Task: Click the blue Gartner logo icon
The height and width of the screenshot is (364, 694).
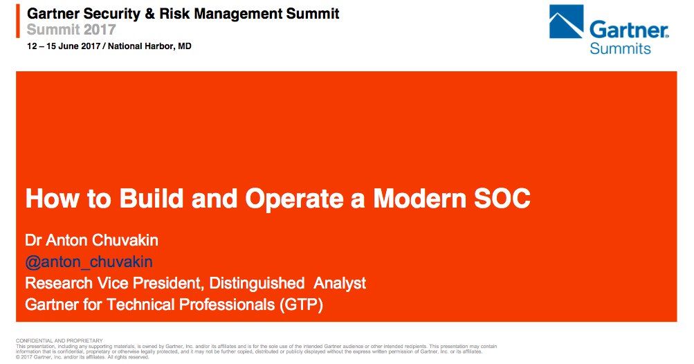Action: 566,21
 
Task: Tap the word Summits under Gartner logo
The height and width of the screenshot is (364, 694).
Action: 620,48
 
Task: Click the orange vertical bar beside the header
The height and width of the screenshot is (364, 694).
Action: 18,21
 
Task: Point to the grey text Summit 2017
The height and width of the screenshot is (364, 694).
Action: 71,30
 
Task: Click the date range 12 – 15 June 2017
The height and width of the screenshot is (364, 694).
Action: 64,46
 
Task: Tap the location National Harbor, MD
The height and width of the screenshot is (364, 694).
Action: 149,46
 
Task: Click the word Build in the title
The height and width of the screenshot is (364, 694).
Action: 152,199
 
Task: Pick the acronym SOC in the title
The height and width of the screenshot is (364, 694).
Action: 502,199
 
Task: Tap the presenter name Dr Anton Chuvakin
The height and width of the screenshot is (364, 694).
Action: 91,240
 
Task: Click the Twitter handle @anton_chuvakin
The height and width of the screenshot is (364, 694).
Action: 89,262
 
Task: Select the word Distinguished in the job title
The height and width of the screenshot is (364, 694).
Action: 257,284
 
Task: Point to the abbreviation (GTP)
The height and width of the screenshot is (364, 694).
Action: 301,305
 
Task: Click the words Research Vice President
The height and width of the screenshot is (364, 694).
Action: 115,284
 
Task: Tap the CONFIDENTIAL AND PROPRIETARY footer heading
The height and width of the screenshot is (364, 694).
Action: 60,340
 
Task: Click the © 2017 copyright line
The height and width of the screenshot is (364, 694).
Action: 82,357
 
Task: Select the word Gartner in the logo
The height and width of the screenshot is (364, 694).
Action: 629,30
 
